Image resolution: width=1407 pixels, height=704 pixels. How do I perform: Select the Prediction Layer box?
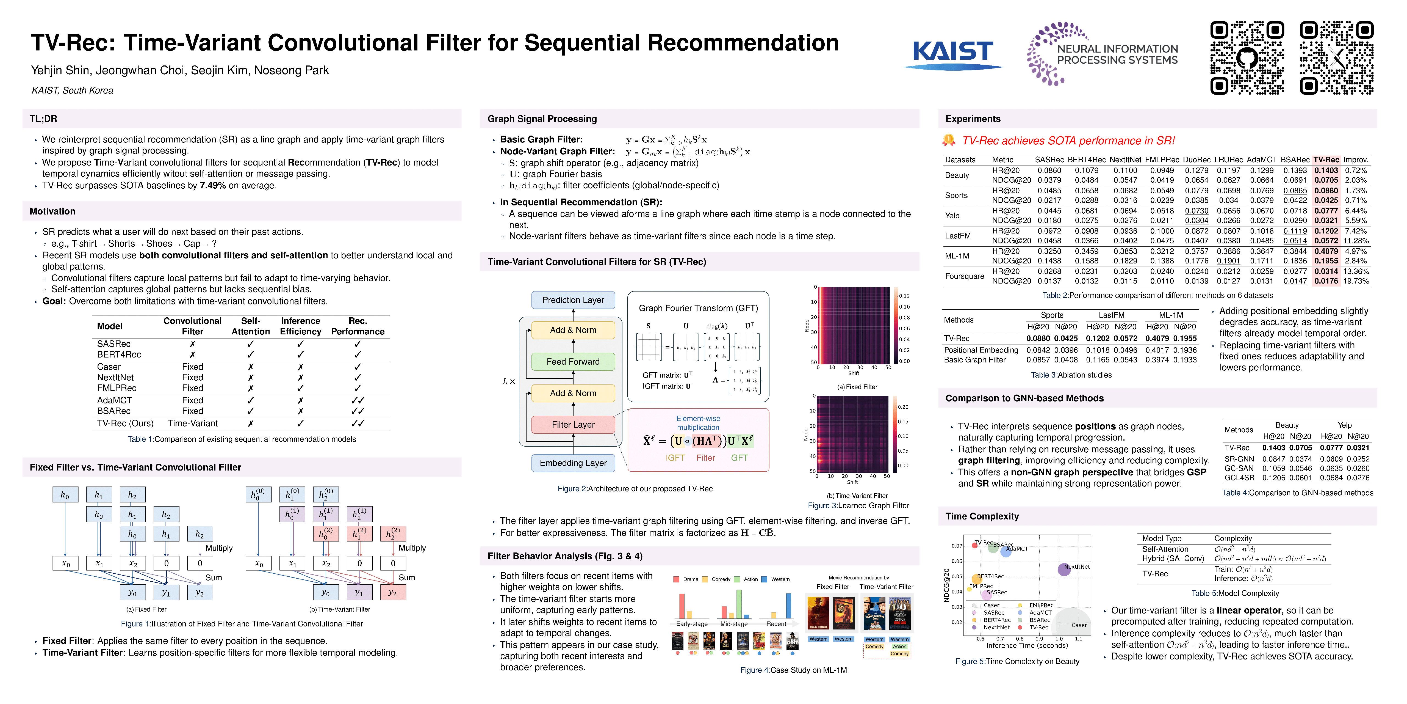[573, 300]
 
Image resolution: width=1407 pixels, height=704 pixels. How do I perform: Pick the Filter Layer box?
[573, 425]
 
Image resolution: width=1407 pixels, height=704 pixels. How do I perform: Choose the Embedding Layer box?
[573, 463]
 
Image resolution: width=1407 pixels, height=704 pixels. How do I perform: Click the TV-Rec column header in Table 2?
[1326, 159]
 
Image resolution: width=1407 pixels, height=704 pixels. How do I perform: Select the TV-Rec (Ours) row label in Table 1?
[125, 424]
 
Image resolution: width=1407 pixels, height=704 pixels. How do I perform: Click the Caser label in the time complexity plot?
[1079, 625]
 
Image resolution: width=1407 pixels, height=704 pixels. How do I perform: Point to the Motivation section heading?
[52, 211]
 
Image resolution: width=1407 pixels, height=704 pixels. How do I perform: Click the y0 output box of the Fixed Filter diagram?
[132, 593]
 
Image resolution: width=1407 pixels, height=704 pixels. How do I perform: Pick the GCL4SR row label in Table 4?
[1239, 478]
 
